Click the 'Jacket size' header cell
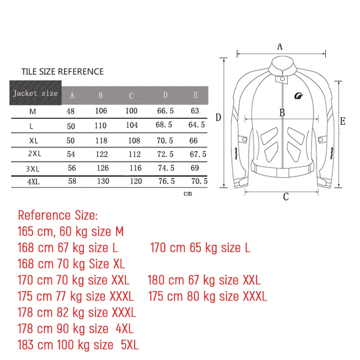[x=35, y=93]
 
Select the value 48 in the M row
[x=71, y=111]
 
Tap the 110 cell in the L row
[x=101, y=126]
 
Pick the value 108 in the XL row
[x=134, y=140]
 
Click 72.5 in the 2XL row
[x=165, y=154]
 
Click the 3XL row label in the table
[x=33, y=169]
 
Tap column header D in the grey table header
[x=165, y=95]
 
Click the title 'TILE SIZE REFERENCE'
[x=63, y=72]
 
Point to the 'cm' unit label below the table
[x=188, y=193]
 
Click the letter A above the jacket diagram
[x=280, y=46]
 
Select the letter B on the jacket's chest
[x=282, y=113]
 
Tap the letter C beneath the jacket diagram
[x=286, y=197]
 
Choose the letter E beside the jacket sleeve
[x=342, y=121]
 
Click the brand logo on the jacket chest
[x=299, y=95]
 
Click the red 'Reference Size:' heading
[x=58, y=216]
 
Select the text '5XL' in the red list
[x=130, y=345]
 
